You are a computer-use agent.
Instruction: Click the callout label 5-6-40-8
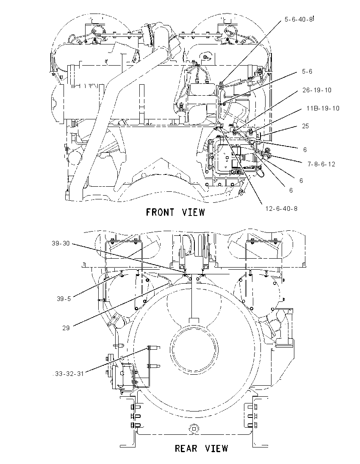[299, 19]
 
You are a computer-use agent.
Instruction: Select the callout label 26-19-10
[317, 90]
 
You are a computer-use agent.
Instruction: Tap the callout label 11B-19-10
[323, 108]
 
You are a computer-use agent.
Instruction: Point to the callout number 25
[305, 126]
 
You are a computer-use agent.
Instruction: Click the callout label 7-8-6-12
[321, 164]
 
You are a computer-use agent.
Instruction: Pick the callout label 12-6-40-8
[281, 209]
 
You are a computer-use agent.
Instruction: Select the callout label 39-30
[61, 243]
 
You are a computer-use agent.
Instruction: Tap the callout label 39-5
[64, 299]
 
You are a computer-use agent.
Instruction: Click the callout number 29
[66, 328]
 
